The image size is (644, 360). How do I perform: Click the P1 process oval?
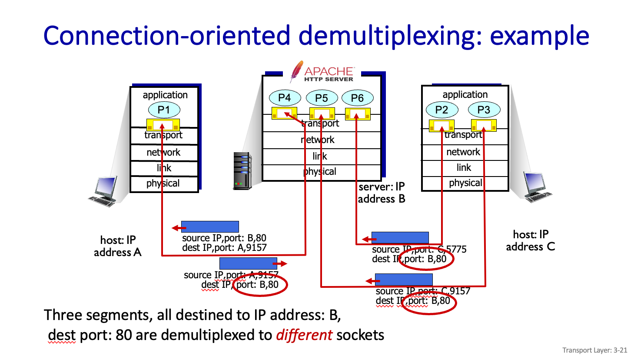point(164,110)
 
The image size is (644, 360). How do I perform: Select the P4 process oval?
point(285,98)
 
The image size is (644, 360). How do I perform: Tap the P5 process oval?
point(322,98)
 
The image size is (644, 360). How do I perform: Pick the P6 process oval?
point(357,98)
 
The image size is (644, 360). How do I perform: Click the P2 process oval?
point(442,110)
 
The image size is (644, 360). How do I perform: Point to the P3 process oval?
point(484,110)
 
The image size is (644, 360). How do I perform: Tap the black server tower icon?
point(242,171)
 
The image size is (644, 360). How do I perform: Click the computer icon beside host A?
point(104,191)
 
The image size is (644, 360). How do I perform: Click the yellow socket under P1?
point(163,125)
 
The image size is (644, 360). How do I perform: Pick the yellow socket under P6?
point(358,114)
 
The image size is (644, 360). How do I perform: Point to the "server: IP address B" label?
point(382,193)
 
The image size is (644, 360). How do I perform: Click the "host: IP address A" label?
point(118,246)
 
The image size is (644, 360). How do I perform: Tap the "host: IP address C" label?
point(531,240)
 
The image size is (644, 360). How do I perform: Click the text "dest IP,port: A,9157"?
point(224,248)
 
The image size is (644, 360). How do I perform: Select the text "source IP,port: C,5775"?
point(419,250)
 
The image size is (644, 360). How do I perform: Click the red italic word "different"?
point(304,335)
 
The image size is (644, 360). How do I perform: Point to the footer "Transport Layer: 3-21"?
point(594,350)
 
